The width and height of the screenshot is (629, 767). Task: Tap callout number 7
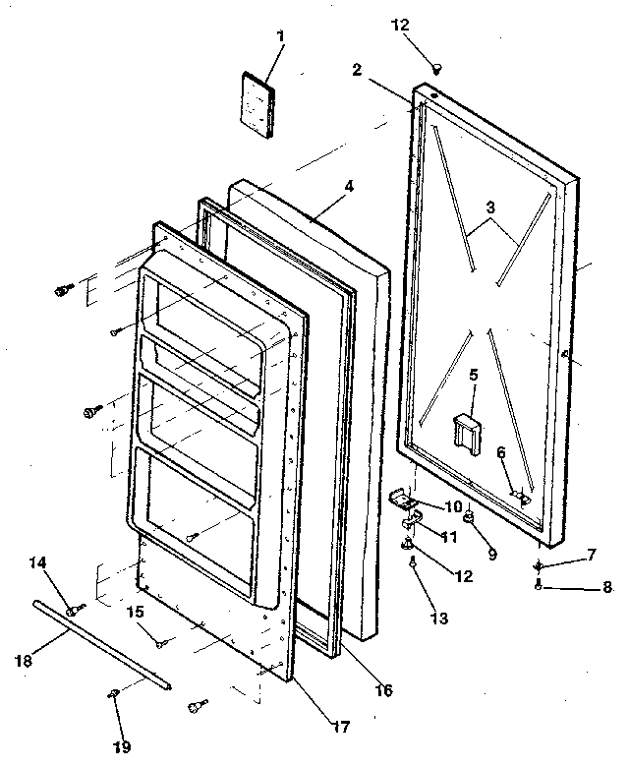coord(593,557)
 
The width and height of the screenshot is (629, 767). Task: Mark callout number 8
coord(606,587)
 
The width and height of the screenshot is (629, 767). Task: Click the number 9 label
coord(491,554)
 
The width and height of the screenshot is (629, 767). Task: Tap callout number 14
coord(37,562)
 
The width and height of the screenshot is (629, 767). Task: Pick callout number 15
coord(135,612)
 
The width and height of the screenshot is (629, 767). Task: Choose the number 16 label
coord(383,690)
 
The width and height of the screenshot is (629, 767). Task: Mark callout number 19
coord(122,747)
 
